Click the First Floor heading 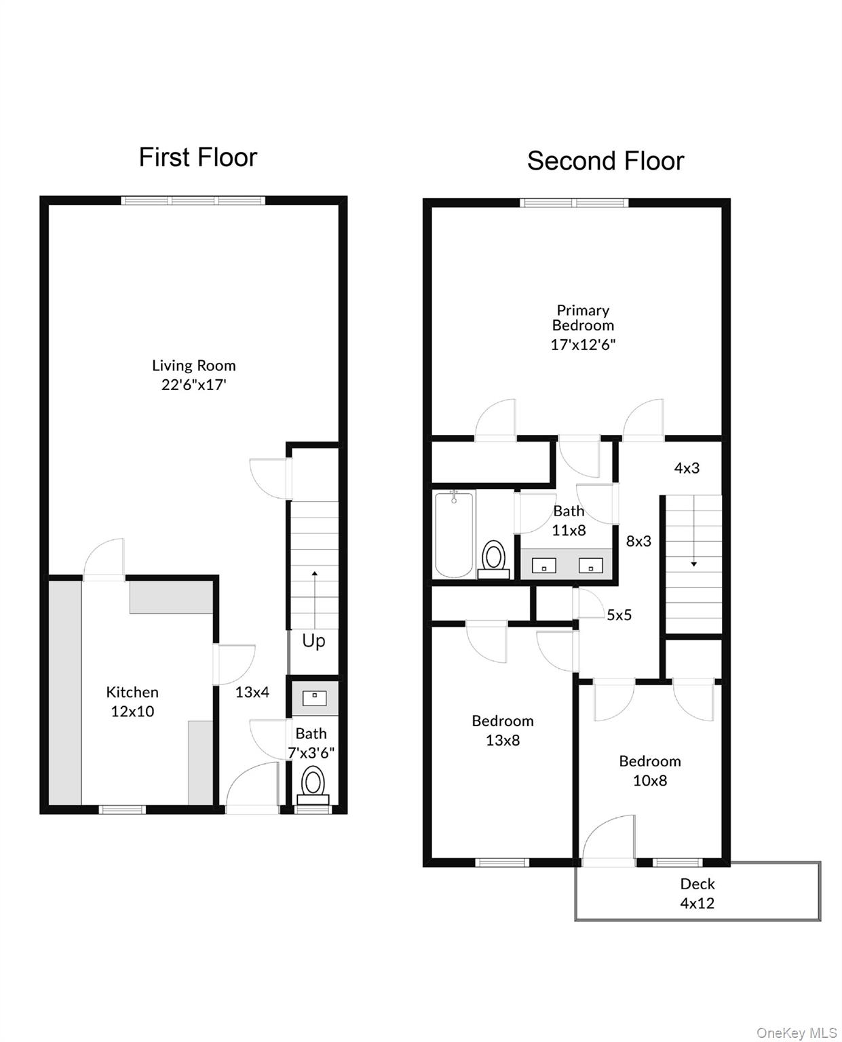(198, 157)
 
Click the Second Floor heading (605, 161)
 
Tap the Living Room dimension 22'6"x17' (193, 385)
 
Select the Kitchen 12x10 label (132, 701)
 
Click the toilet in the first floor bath (313, 784)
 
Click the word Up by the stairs (313, 640)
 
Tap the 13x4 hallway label (252, 692)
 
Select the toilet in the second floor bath (493, 559)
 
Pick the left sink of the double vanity (543, 565)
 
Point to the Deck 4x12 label (697, 893)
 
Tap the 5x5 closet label (619, 615)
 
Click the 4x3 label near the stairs (687, 467)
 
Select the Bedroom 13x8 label (503, 730)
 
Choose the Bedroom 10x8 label (650, 771)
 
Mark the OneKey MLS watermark (797, 1033)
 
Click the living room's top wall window (193, 200)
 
